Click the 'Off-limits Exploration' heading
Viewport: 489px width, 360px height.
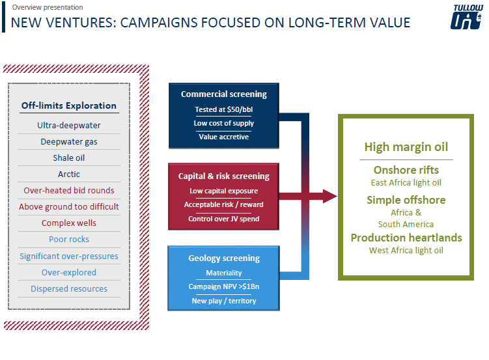[68, 105]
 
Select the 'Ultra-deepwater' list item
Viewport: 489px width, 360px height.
[69, 125]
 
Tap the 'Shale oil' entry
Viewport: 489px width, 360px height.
[69, 158]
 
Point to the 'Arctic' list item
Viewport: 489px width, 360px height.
[69, 174]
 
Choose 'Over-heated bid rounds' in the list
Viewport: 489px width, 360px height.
[69, 191]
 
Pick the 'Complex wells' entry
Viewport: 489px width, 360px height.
[69, 223]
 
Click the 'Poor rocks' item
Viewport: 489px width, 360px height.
[69, 240]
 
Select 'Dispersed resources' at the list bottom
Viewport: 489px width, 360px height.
[69, 288]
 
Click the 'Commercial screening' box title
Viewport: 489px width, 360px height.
[224, 94]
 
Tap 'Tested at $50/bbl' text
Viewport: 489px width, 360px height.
[224, 109]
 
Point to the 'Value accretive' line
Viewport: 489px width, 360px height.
[224, 137]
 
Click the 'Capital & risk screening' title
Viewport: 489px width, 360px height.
[224, 176]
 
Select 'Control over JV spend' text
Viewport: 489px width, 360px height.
[224, 219]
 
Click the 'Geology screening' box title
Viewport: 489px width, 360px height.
[224, 258]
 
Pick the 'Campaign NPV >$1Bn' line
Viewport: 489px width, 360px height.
[224, 286]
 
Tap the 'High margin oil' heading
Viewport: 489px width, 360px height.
[406, 147]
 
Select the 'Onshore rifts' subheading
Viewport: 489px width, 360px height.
[406, 170]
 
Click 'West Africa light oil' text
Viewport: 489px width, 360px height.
[406, 251]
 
